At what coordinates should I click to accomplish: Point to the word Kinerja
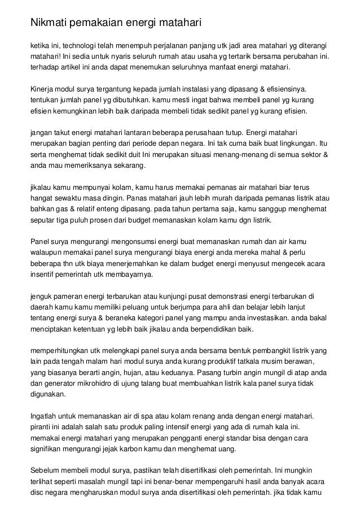pos(43,89)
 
